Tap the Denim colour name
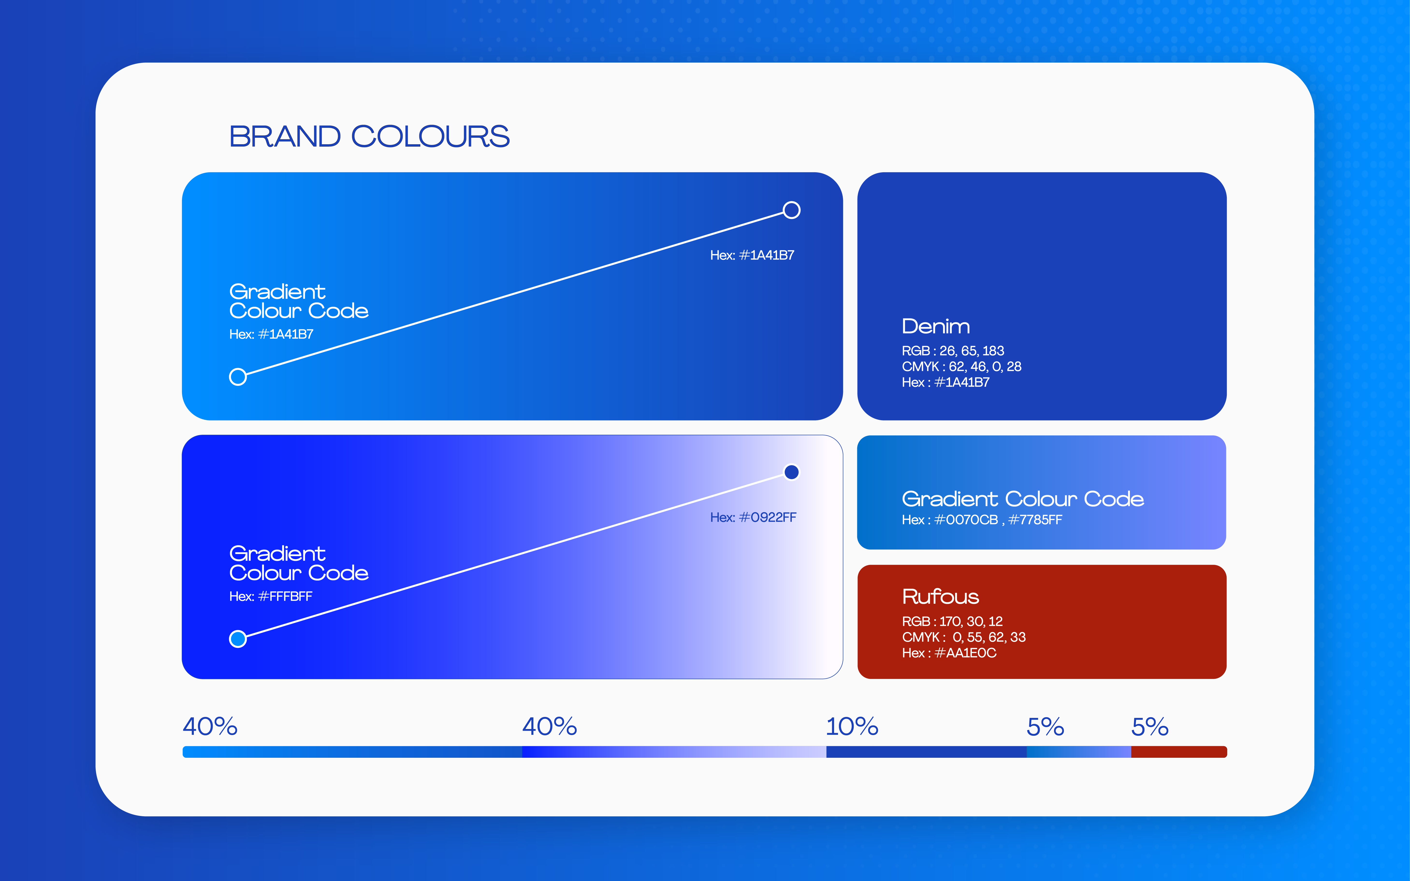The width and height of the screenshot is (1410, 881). click(936, 326)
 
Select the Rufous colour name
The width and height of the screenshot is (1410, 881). click(940, 597)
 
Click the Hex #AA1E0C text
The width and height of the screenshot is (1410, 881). click(949, 653)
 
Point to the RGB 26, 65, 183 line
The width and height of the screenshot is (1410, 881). click(953, 351)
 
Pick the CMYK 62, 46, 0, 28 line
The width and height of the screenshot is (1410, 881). click(961, 367)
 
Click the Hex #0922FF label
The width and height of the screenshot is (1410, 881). click(753, 517)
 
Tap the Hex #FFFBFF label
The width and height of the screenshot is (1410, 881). click(271, 596)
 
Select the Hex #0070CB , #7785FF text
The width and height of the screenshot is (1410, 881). click(982, 520)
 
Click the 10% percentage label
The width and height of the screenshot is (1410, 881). click(852, 727)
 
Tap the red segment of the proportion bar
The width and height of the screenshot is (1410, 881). click(1179, 752)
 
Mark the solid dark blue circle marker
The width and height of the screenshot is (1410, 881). click(791, 472)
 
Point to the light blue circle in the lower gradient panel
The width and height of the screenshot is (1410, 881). click(238, 639)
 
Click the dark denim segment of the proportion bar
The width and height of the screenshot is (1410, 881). click(926, 752)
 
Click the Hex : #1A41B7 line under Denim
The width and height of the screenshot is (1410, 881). click(946, 382)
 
